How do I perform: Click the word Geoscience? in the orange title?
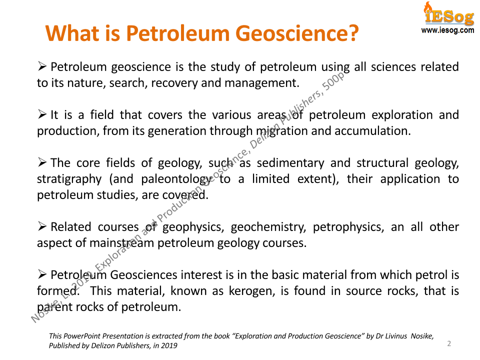click(297, 33)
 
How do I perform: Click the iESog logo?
click(449, 14)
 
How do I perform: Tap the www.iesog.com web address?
click(447, 30)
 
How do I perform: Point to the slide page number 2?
click(449, 343)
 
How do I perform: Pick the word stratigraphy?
click(69, 179)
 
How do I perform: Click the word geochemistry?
click(268, 227)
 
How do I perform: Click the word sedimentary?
click(290, 163)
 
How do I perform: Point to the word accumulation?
click(372, 131)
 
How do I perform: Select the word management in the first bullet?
click(261, 83)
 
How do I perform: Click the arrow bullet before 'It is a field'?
click(42, 114)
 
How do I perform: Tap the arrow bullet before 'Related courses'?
click(42, 226)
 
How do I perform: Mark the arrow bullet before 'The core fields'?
click(42, 162)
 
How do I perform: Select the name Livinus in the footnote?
click(396, 336)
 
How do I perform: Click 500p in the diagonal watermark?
click(334, 81)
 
